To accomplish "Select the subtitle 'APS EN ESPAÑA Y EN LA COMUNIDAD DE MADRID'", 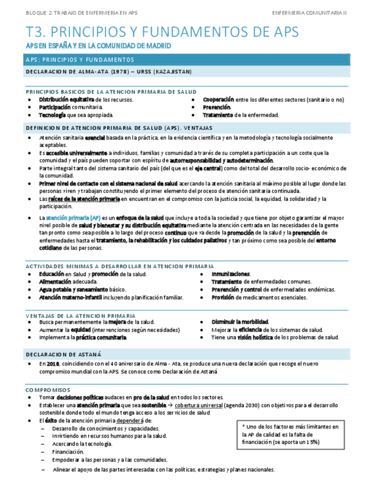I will (x=98, y=46).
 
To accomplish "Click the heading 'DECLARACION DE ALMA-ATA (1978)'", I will (x=109, y=71).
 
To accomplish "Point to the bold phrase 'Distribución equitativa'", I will (x=62, y=100).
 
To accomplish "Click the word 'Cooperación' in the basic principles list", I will (x=218, y=100).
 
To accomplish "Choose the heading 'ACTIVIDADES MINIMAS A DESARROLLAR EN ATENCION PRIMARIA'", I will (x=120, y=266).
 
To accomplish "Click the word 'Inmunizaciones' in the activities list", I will (x=230, y=274).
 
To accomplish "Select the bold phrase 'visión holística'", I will (x=250, y=337).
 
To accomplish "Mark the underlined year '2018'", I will (x=53, y=364).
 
